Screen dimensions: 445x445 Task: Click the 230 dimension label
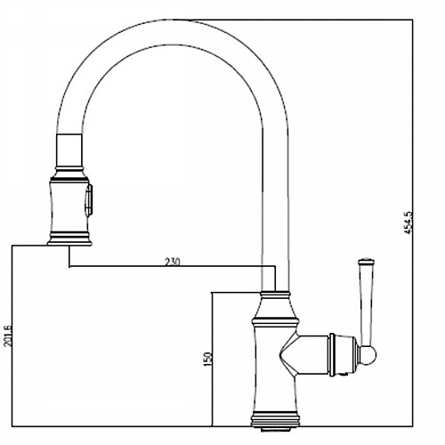click(x=172, y=262)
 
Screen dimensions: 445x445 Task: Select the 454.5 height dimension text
click(x=409, y=222)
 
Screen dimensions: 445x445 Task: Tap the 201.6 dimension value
click(x=8, y=336)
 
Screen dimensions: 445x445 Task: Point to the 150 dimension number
click(x=208, y=359)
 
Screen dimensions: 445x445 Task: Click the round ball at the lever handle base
click(x=368, y=355)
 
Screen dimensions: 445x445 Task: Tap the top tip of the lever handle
click(x=367, y=259)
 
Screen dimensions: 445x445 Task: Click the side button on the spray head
click(x=89, y=198)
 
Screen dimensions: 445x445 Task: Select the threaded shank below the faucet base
click(x=275, y=429)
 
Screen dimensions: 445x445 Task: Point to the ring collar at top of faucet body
click(x=275, y=295)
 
